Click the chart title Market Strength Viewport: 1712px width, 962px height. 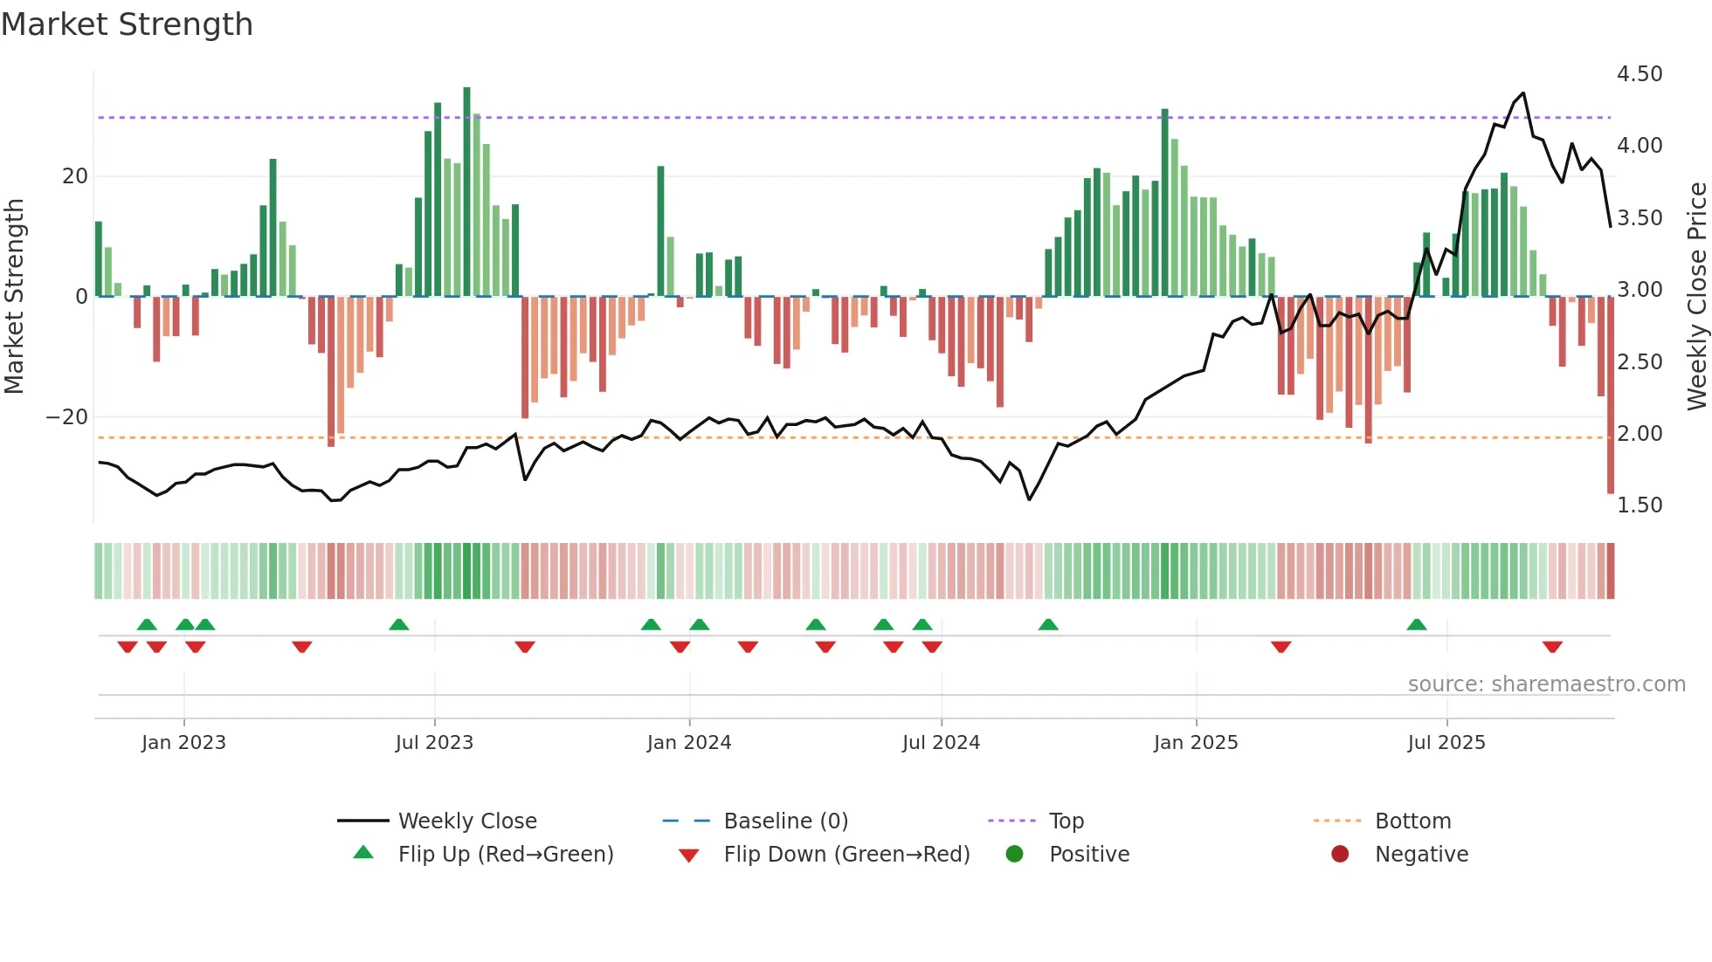[x=127, y=24]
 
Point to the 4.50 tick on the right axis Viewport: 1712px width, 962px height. [x=1639, y=74]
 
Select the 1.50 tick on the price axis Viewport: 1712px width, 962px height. [x=1639, y=505]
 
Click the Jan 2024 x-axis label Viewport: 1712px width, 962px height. [x=688, y=743]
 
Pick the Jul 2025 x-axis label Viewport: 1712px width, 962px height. [x=1446, y=743]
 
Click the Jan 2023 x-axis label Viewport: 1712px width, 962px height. [x=183, y=743]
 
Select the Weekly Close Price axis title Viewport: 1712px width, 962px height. [x=1696, y=296]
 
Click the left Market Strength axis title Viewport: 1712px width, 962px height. [x=14, y=296]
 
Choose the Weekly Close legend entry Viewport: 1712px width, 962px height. [x=466, y=821]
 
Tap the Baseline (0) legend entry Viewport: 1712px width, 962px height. [x=785, y=821]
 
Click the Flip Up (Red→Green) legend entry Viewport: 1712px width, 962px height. [x=505, y=855]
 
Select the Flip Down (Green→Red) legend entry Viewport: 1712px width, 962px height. [x=846, y=855]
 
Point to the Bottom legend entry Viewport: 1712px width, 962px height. [x=1412, y=821]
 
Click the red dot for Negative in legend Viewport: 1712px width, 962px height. [x=1339, y=855]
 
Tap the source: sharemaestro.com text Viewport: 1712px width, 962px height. [x=1546, y=684]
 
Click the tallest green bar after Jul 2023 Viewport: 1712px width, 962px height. [x=466, y=192]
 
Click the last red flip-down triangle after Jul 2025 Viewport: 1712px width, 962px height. [x=1552, y=647]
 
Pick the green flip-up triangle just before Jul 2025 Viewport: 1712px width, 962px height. [x=1417, y=624]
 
